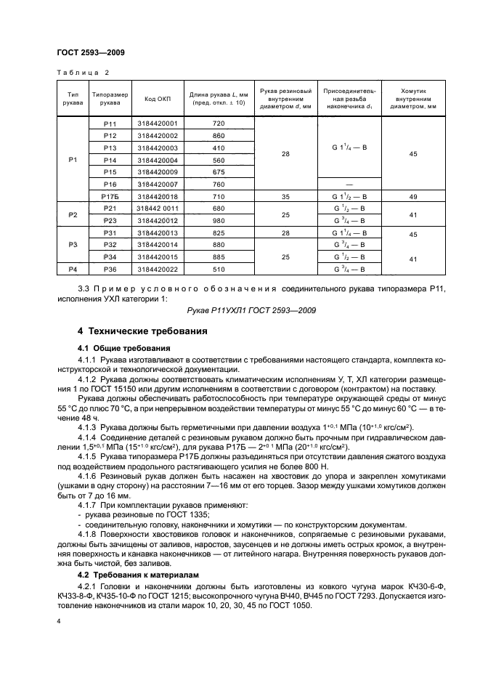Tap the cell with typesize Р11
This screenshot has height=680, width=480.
[110, 124]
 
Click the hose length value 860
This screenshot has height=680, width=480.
[219, 136]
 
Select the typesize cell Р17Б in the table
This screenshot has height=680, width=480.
[110, 197]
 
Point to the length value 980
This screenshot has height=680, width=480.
[219, 220]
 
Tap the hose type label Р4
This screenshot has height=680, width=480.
[72, 270]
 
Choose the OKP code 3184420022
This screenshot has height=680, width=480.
[156, 270]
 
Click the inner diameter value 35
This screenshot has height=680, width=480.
[285, 197]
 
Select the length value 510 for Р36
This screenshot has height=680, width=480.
[219, 270]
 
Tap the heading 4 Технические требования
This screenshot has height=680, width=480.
[142, 331]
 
